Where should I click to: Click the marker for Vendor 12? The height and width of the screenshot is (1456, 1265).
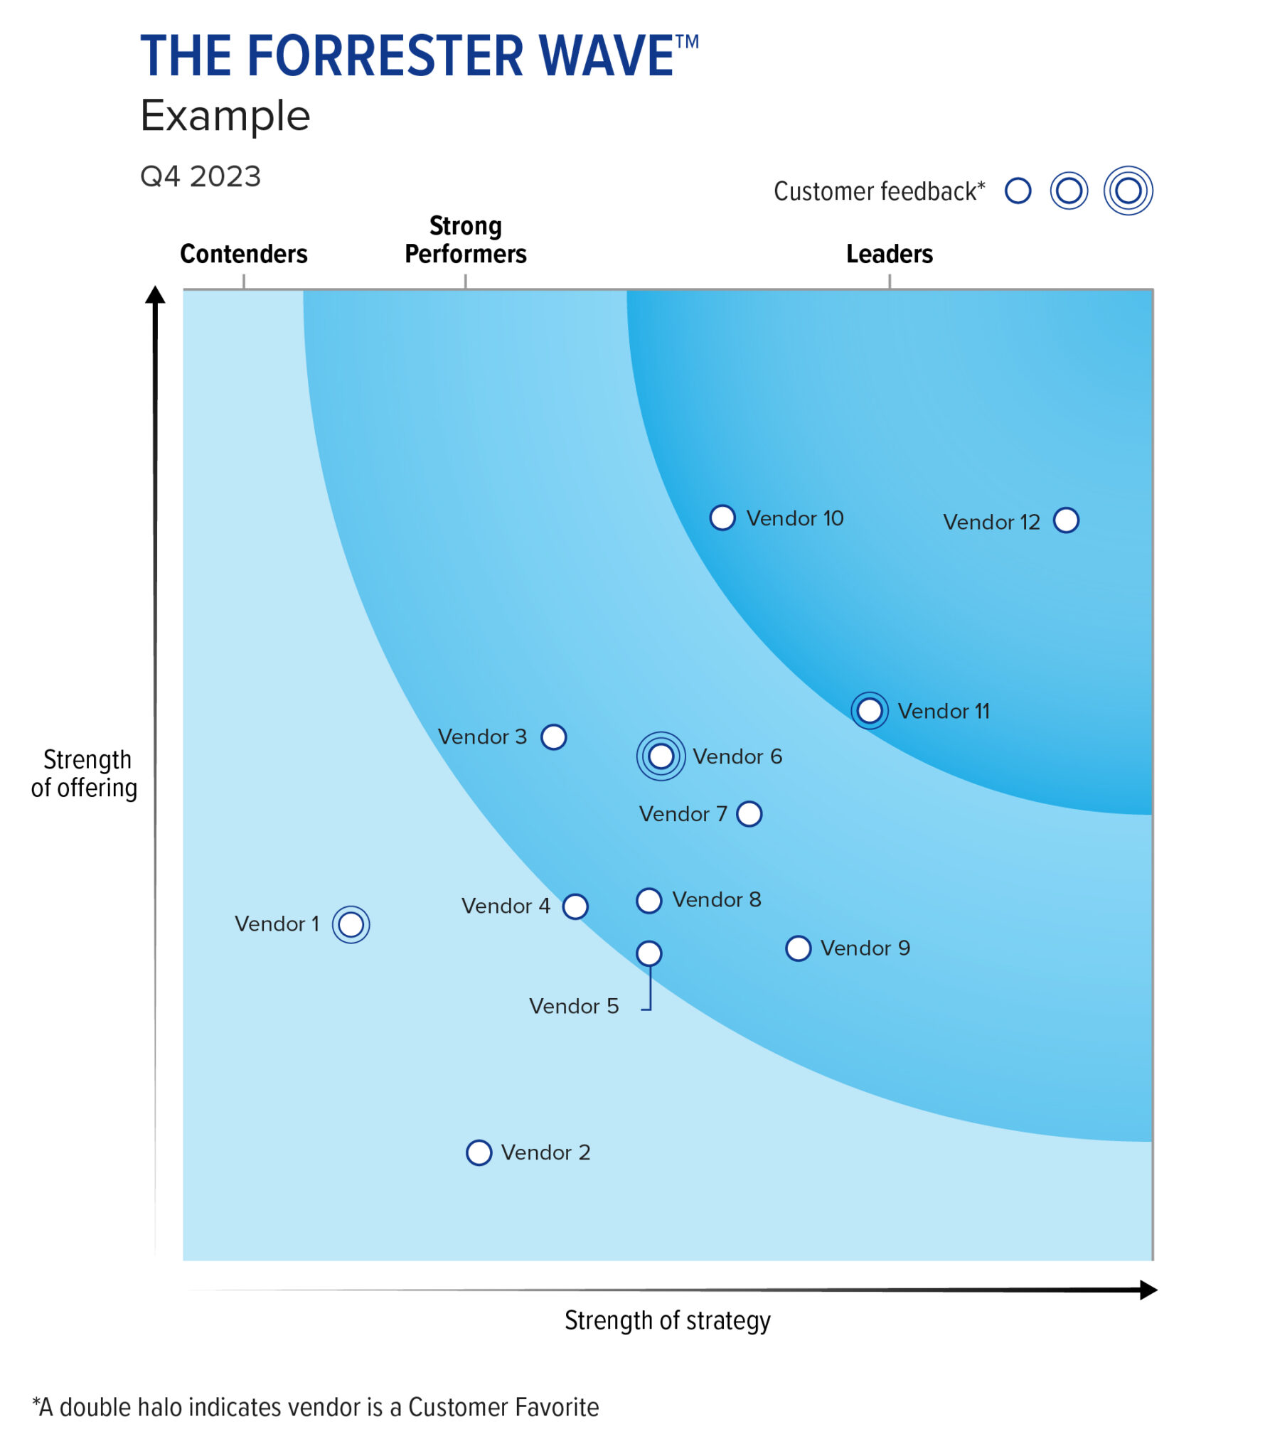click(x=1065, y=520)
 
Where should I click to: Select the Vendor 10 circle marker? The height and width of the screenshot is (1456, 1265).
click(x=722, y=518)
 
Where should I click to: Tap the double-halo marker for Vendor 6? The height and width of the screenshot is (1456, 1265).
click(x=661, y=756)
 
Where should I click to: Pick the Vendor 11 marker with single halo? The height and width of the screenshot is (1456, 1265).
click(x=869, y=710)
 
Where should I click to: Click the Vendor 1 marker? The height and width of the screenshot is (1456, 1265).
click(x=351, y=924)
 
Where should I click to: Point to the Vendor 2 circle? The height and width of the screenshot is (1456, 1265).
click(x=479, y=1152)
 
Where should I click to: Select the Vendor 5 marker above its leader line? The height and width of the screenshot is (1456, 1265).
click(x=648, y=953)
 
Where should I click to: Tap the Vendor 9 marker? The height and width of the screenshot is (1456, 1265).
click(x=798, y=948)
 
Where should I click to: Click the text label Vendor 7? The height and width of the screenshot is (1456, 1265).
click(x=683, y=814)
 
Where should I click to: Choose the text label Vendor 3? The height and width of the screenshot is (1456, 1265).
click(x=482, y=737)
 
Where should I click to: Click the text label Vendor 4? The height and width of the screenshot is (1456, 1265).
click(x=506, y=906)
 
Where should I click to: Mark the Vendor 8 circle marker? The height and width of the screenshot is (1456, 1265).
click(x=648, y=900)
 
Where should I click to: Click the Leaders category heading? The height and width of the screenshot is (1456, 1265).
click(x=889, y=254)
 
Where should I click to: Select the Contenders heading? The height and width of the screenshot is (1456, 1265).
click(x=243, y=254)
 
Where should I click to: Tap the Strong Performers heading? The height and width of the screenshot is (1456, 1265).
click(x=465, y=240)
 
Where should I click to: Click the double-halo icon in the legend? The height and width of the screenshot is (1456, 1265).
click(x=1128, y=191)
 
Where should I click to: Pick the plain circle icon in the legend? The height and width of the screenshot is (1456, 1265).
click(x=1018, y=191)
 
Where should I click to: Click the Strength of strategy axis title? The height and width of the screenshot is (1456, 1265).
click(x=667, y=1320)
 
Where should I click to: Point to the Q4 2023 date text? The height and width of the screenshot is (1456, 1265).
click(x=201, y=176)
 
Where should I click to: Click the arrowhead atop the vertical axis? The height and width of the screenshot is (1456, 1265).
click(x=155, y=294)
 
